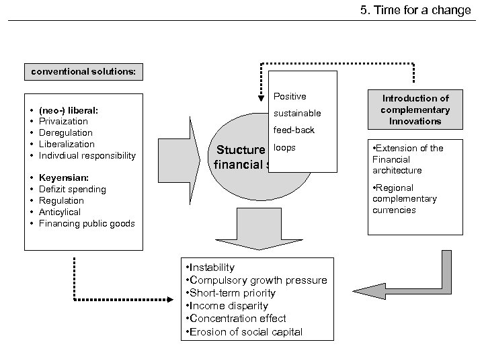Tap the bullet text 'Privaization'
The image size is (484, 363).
click(x=63, y=121)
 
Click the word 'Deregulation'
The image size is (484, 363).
click(x=66, y=132)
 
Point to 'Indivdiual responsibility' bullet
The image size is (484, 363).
click(x=87, y=155)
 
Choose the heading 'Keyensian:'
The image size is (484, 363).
click(x=63, y=178)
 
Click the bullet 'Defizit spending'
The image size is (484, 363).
click(x=73, y=190)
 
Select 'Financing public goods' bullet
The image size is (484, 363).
click(x=87, y=223)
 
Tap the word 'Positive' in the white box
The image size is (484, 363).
click(x=290, y=96)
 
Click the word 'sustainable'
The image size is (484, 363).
click(x=297, y=113)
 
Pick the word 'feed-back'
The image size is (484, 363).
click(x=294, y=130)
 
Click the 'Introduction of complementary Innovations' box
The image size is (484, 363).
click(x=415, y=110)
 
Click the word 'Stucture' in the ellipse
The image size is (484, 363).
click(x=238, y=149)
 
